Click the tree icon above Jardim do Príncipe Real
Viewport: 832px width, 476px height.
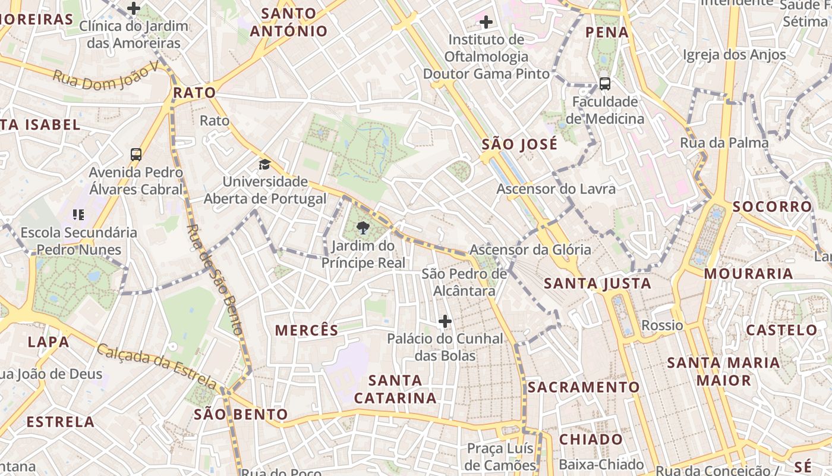[x=362, y=227]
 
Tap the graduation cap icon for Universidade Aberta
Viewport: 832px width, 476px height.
[x=264, y=164]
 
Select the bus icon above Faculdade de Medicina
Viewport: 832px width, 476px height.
[x=605, y=84]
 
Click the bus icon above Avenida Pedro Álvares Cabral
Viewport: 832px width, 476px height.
[x=136, y=155]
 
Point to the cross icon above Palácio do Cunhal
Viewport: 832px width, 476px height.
[x=445, y=322]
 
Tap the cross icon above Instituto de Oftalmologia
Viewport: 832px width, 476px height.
[x=486, y=23]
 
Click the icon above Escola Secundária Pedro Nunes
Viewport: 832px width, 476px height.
[x=78, y=215]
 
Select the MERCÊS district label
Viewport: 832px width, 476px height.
[x=307, y=330]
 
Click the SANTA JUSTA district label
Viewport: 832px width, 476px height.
[x=598, y=284]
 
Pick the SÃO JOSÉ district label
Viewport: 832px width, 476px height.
[x=519, y=144]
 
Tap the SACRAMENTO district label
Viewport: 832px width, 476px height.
[x=584, y=387]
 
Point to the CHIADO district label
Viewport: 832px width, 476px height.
[x=591, y=440]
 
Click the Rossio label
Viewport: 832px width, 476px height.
[x=662, y=325]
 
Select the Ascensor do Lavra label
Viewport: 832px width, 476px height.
[x=556, y=189]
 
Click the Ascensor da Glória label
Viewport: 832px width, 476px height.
[x=530, y=249]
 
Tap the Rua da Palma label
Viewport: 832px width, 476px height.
[x=724, y=143]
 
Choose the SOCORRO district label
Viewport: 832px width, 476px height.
[x=772, y=206]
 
